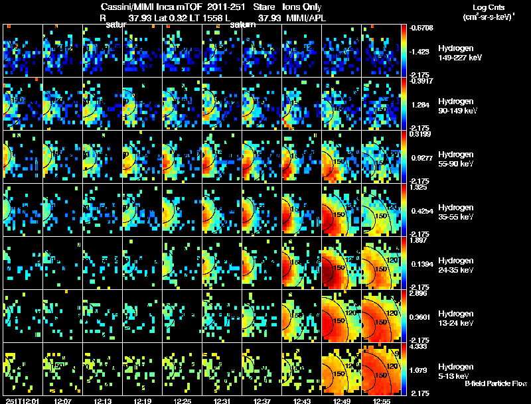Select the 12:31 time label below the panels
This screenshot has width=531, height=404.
[222, 401]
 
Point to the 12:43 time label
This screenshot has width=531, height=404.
[301, 401]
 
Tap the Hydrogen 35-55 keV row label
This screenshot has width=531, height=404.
[458, 212]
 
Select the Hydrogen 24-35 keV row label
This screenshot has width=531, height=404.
[458, 265]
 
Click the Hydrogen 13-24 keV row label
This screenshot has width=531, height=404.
[458, 318]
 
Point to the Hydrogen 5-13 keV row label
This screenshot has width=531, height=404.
[457, 371]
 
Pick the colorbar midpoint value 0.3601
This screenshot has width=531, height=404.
[422, 317]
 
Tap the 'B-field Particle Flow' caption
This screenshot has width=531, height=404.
[495, 384]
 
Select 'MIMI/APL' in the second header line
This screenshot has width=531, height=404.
[297, 19]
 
